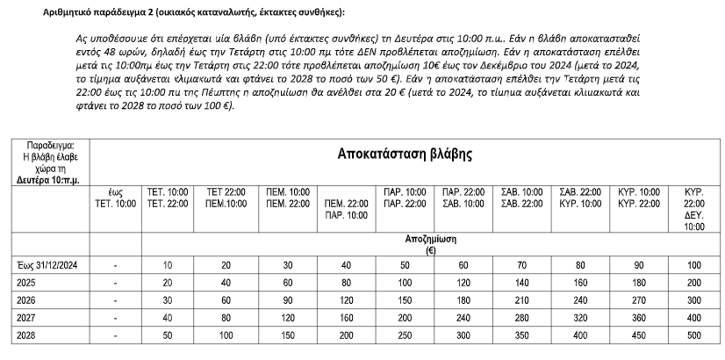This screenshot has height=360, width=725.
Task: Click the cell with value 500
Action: [693, 335]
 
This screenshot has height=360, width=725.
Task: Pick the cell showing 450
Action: [638, 335]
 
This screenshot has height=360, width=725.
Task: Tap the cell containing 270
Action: [638, 300]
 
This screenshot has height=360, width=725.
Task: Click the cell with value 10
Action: [168, 265]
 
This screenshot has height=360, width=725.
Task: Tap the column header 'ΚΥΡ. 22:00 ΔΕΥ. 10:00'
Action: [693, 208]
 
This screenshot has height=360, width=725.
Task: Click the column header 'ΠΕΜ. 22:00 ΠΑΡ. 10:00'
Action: [345, 208]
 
